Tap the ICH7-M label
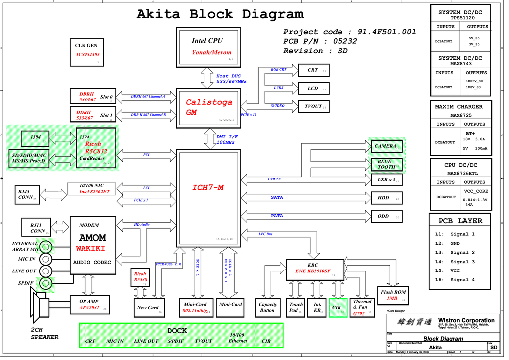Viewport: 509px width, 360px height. coord(208,188)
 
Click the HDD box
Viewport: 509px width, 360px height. coord(386,198)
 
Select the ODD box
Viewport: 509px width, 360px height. coord(386,216)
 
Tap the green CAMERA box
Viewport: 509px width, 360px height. coord(386,146)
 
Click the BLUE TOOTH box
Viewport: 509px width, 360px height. coord(386,164)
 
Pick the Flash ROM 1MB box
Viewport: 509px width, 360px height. coord(393,295)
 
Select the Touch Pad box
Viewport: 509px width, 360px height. coord(296,308)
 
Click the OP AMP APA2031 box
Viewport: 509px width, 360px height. coord(89,305)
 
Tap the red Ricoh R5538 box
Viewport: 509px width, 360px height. coord(141,277)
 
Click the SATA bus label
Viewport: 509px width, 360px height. coord(277,198)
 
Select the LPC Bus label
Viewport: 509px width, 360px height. coord(266,234)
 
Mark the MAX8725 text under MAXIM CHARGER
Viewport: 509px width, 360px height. coord(460,115)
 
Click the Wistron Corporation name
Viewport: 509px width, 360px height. coord(466,321)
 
